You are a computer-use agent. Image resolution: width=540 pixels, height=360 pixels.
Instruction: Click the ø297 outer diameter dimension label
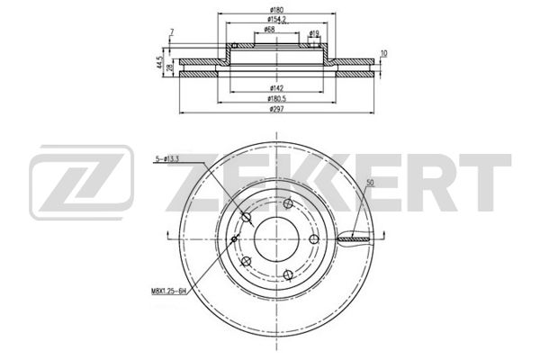pos(276,109)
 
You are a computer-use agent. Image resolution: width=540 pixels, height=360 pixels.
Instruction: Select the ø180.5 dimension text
pos(277,99)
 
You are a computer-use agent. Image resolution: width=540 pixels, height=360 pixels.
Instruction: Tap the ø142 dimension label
pos(276,88)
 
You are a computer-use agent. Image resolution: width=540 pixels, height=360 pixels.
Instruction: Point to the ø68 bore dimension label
pos(269,30)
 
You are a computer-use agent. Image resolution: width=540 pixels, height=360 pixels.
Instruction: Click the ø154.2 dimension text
pos(277,20)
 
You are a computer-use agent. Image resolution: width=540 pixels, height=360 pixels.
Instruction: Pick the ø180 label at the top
pos(276,10)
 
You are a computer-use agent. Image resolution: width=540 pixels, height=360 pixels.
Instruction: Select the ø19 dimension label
pos(314,34)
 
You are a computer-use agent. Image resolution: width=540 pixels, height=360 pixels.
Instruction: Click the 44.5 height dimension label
pos(159,62)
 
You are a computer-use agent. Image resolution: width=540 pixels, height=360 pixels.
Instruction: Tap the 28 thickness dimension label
pos(169,67)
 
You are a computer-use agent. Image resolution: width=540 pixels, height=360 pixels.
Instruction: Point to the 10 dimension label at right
pos(384,54)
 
